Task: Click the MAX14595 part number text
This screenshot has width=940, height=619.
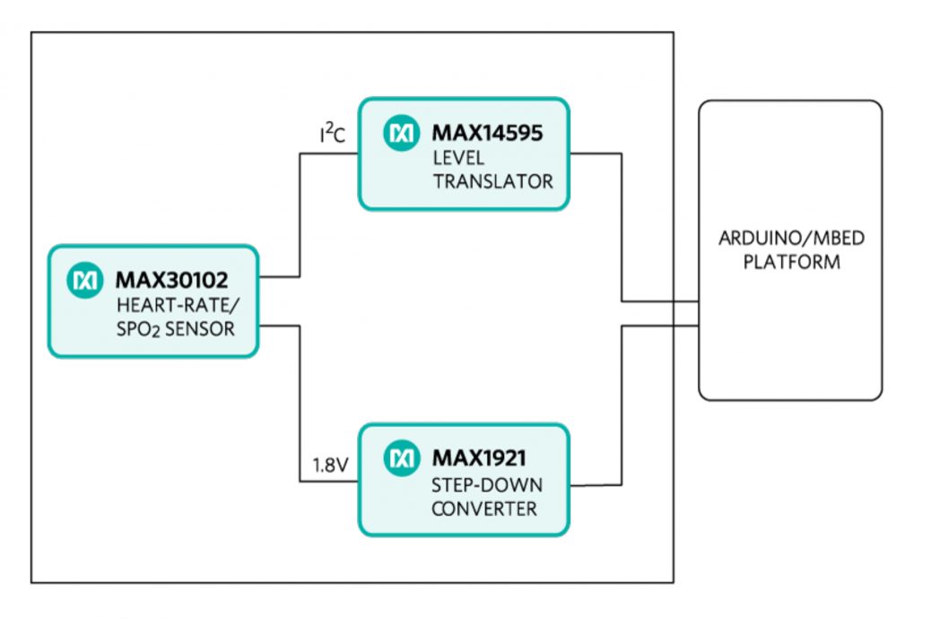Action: click(x=488, y=134)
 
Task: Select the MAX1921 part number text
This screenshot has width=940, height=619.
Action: click(x=477, y=458)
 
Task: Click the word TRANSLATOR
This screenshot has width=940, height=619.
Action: click(x=492, y=181)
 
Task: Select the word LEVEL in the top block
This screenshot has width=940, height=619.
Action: click(x=458, y=158)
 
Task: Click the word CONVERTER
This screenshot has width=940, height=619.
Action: click(x=484, y=509)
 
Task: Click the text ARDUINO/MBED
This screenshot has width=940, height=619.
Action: click(x=790, y=240)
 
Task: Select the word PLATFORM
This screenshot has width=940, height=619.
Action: click(x=790, y=263)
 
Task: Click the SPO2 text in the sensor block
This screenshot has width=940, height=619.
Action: click(x=138, y=330)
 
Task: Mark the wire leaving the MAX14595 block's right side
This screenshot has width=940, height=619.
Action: click(x=596, y=154)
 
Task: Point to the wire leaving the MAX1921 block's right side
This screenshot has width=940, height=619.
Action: click(x=596, y=484)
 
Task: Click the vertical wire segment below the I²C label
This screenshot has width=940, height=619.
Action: click(x=300, y=215)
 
